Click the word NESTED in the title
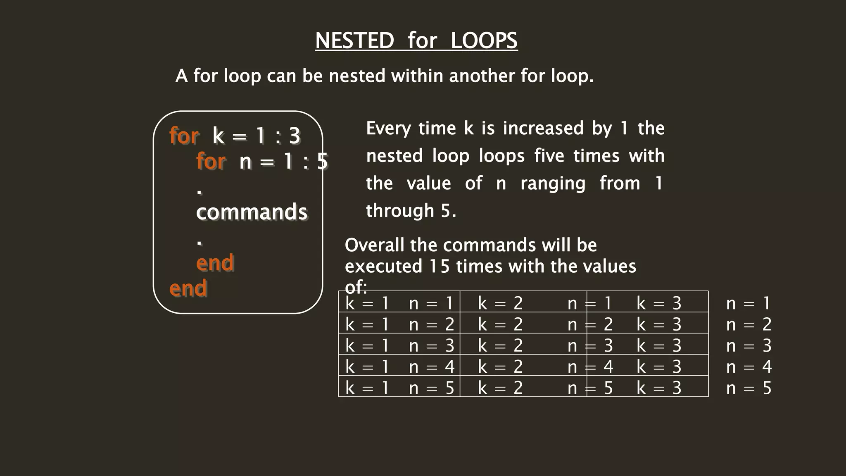[354, 40]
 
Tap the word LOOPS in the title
[484, 40]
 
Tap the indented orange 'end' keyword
[215, 263]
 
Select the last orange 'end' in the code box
[188, 288]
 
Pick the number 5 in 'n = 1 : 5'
[322, 161]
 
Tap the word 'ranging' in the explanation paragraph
[553, 183]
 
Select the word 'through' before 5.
[399, 211]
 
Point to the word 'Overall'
[374, 245]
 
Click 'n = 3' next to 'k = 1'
[431, 345]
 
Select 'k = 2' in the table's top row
[500, 303]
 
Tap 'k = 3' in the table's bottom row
[659, 388]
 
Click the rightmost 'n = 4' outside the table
[749, 367]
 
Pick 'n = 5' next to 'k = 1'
[431, 388]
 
